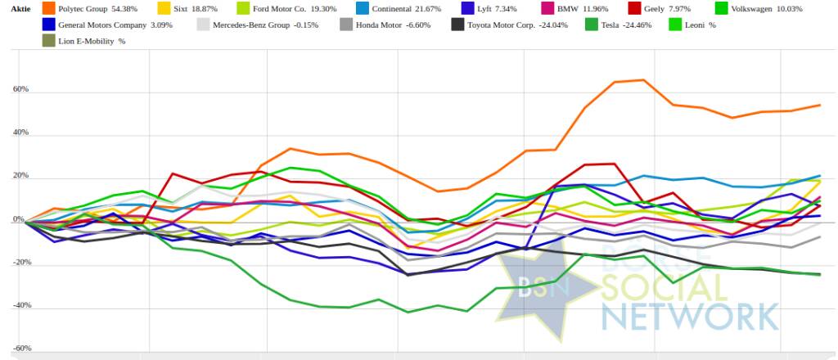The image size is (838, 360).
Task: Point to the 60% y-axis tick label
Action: pyautogui.click(x=20, y=90)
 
